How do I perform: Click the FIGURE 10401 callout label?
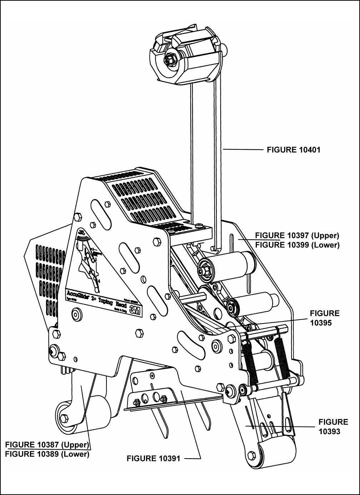(x=294, y=150)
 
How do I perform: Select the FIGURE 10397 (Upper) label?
(x=297, y=236)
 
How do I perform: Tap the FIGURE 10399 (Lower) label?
(x=297, y=245)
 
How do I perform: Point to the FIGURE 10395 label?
(x=324, y=318)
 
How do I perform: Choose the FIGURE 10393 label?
(x=333, y=426)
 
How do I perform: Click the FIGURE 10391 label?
(x=154, y=458)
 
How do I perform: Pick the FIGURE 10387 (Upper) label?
(x=47, y=445)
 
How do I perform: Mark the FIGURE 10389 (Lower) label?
(x=47, y=454)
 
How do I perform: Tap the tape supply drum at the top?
(x=186, y=57)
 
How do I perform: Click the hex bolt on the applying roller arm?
(x=64, y=418)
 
